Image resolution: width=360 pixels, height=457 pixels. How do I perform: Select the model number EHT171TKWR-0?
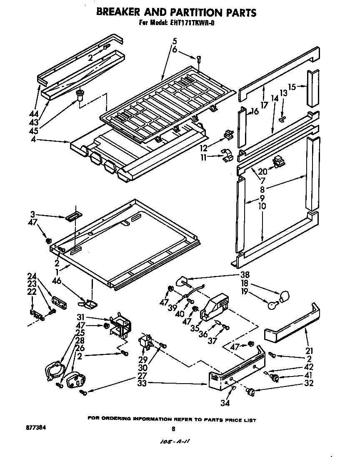point(193,23)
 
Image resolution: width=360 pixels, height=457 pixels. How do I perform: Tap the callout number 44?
point(34,113)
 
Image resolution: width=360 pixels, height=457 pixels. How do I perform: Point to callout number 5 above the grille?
point(174,41)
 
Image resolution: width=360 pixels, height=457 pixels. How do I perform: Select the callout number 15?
point(292,87)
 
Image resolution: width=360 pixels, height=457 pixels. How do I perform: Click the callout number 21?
point(309,351)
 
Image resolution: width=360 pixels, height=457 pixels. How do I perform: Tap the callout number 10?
point(262,206)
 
